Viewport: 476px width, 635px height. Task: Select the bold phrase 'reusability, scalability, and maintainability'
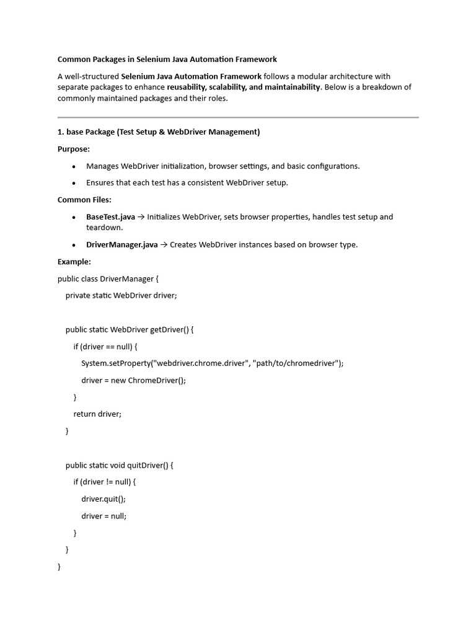(x=244, y=87)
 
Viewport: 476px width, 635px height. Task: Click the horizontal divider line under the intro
(x=238, y=117)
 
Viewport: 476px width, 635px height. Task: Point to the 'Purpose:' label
(x=74, y=149)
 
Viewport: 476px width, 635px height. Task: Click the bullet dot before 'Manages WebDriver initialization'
(x=74, y=166)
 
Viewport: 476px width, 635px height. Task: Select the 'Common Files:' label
(x=84, y=200)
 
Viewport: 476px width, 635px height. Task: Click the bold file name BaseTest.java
(x=110, y=217)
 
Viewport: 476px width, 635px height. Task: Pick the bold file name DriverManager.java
(x=122, y=245)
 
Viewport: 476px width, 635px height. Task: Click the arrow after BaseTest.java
(x=141, y=217)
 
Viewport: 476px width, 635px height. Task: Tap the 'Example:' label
(x=74, y=262)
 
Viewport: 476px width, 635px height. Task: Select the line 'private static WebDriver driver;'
(x=121, y=296)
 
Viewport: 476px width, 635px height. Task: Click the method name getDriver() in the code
(x=169, y=330)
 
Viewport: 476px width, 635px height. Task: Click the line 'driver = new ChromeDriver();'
(x=133, y=380)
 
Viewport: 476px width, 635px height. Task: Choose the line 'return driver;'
(x=97, y=414)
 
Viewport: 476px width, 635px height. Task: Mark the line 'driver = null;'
(x=104, y=516)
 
